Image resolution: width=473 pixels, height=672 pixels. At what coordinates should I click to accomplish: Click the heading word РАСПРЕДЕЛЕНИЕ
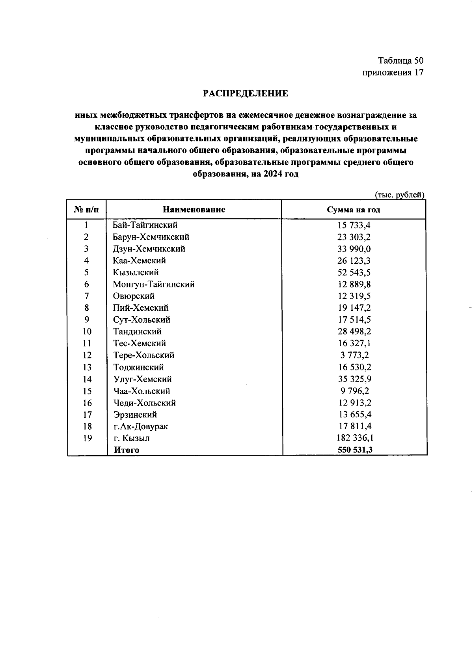point(245,94)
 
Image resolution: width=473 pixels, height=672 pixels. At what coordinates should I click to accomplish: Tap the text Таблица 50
point(400,60)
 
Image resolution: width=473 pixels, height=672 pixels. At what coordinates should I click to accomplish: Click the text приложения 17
point(393,72)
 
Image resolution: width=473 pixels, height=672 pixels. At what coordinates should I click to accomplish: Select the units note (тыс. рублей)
point(399,195)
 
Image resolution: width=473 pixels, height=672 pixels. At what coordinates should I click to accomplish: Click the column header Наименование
point(194,210)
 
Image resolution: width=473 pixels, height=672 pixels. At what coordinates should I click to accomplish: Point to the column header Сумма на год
point(354,210)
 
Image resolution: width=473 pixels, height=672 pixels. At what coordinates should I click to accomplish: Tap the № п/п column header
point(86,210)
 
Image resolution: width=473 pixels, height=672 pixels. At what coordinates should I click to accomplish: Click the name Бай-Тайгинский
point(145,225)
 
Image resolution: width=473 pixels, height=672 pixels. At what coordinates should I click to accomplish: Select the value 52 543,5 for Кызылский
point(354,272)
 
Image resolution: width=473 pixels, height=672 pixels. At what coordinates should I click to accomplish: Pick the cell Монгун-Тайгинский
point(153,284)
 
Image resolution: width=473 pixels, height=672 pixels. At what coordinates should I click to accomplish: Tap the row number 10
point(87,332)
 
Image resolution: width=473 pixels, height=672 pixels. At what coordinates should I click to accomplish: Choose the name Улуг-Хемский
point(142,379)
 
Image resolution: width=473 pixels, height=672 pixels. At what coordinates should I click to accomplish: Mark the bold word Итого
point(126,450)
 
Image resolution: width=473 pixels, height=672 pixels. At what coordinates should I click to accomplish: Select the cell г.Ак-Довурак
point(141,426)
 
